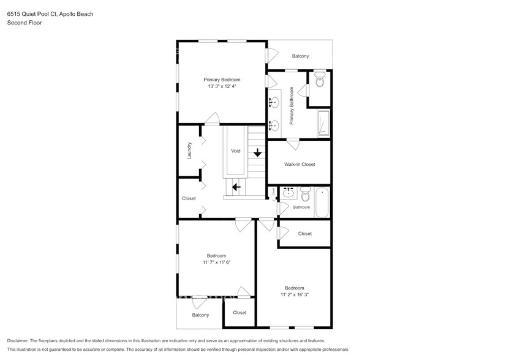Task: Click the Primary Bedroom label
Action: pyautogui.click(x=222, y=80)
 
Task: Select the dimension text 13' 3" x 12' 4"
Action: pyautogui.click(x=222, y=87)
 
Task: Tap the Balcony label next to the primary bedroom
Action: pyautogui.click(x=300, y=56)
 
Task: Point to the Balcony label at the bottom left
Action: pyautogui.click(x=200, y=315)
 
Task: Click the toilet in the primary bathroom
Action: pyautogui.click(x=320, y=80)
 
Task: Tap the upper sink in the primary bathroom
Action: pyautogui.click(x=274, y=102)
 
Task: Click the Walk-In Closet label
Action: pyautogui.click(x=300, y=164)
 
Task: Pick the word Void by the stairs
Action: pyautogui.click(x=236, y=151)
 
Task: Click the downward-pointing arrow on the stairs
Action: pyautogui.click(x=258, y=152)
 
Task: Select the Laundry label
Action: pyautogui.click(x=190, y=151)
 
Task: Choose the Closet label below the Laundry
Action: pyautogui.click(x=189, y=198)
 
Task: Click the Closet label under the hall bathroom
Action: pyautogui.click(x=304, y=233)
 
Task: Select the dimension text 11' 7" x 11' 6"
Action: pyautogui.click(x=216, y=263)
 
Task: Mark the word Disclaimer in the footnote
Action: pyautogui.click(x=18, y=341)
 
